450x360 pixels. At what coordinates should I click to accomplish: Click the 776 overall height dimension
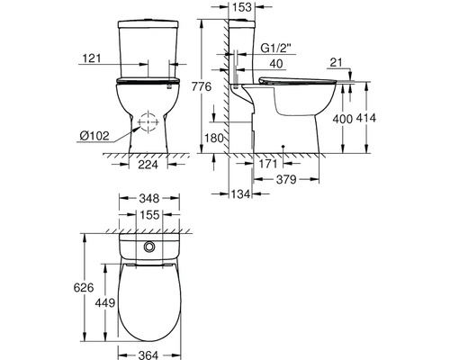pyautogui.click(x=202, y=86)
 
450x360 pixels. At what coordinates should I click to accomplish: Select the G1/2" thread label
pyautogui.click(x=276, y=49)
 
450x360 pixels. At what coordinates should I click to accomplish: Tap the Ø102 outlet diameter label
pyautogui.click(x=94, y=136)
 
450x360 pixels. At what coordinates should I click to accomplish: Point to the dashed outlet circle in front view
pyautogui.click(x=148, y=122)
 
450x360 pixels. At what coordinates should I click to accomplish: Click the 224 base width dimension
pyautogui.click(x=148, y=165)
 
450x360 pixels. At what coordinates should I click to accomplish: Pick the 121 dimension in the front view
pyautogui.click(x=92, y=58)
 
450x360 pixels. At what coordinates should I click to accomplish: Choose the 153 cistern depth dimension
pyautogui.click(x=242, y=7)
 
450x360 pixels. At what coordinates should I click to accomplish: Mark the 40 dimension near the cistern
pyautogui.click(x=276, y=64)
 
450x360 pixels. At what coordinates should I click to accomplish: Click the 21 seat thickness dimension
pyautogui.click(x=336, y=63)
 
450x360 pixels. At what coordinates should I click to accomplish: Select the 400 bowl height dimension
pyautogui.click(x=343, y=119)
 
